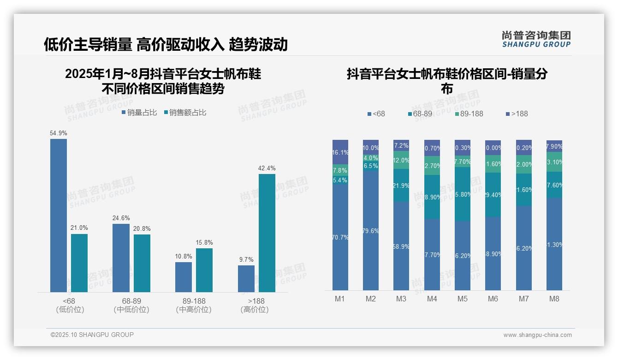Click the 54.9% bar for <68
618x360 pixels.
59,215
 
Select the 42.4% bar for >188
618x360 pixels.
267,233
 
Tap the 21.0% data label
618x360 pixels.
79,228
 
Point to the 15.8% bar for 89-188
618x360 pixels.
204,270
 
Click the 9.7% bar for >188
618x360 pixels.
246,278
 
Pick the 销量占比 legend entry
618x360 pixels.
139,113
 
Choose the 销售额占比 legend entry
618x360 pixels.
185,113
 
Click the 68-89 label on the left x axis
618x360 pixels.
131,301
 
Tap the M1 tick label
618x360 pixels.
340,299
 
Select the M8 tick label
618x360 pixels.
554,299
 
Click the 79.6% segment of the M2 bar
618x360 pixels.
371,231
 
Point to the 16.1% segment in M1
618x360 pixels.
340,152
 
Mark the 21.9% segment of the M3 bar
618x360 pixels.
401,185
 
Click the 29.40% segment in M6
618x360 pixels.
493,195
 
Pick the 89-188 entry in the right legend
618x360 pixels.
469,114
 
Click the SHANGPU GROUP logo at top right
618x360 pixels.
536,39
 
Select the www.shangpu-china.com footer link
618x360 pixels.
537,335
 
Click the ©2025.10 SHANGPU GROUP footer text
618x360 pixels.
92,335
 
